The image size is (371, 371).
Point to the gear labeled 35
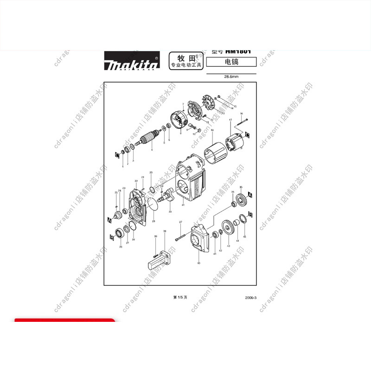[241, 201]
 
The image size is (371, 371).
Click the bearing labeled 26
[123, 230]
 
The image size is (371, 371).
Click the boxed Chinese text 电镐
[231, 62]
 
